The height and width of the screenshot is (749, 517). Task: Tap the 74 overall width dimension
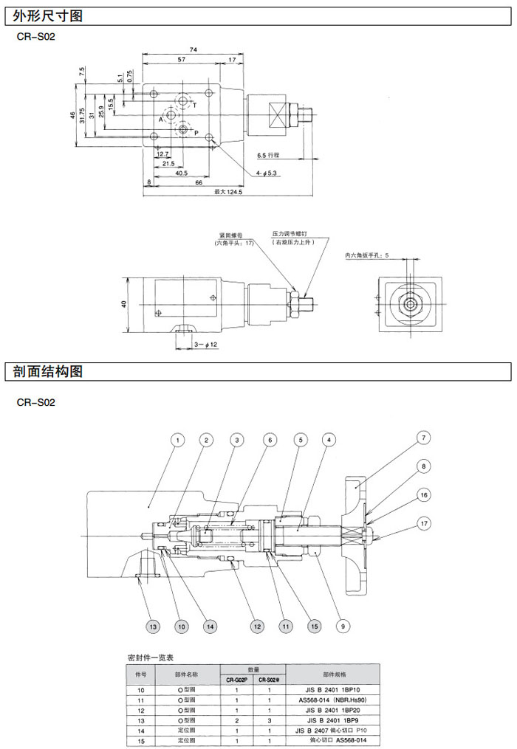pyautogui.click(x=194, y=49)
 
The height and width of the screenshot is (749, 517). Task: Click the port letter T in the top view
pyautogui.click(x=194, y=106)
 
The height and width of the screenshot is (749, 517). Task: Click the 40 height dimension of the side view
pyautogui.click(x=123, y=304)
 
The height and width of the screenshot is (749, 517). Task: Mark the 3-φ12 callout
pyautogui.click(x=206, y=345)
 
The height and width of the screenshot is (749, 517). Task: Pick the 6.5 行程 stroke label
pyautogui.click(x=269, y=156)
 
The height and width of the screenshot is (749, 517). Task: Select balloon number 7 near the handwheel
pyautogui.click(x=423, y=438)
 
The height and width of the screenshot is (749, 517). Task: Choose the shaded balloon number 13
pyautogui.click(x=153, y=627)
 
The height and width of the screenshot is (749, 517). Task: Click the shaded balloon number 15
pyautogui.click(x=315, y=627)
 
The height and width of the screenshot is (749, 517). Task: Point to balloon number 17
pyautogui.click(x=423, y=523)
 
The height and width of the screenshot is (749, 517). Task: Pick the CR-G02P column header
pyautogui.click(x=236, y=680)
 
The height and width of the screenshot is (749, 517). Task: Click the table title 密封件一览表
pyautogui.click(x=151, y=657)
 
